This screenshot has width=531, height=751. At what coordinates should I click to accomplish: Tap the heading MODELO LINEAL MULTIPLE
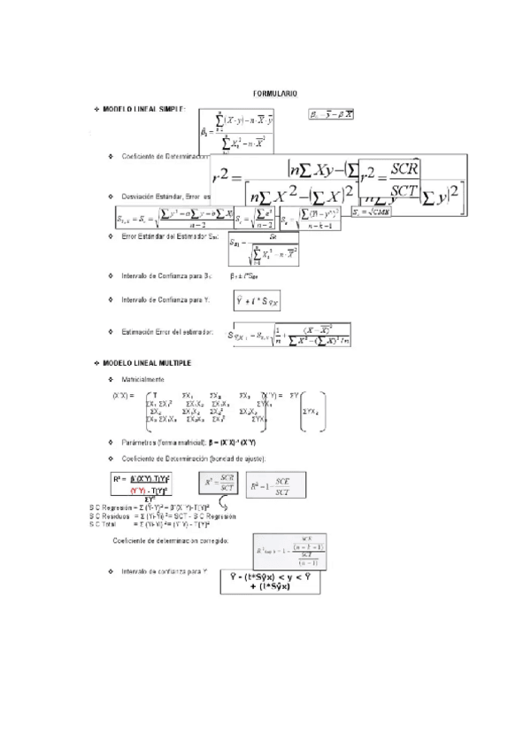click(x=148, y=363)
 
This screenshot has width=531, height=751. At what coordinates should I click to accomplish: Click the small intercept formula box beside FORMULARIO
click(x=331, y=114)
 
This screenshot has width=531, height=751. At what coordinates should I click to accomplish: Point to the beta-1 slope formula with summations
click(x=237, y=131)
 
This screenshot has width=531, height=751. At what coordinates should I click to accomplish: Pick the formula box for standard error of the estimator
click(x=264, y=249)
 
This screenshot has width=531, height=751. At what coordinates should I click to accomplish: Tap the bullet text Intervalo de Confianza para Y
click(x=165, y=300)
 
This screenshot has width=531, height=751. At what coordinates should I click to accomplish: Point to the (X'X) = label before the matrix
click(x=123, y=395)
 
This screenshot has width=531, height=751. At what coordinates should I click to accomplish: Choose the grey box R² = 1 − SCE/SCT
click(x=275, y=486)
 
